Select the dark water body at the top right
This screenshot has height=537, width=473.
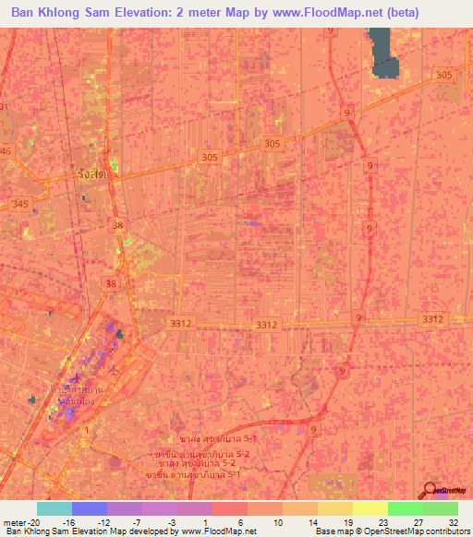click(383, 54)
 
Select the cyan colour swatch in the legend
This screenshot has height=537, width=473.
click(55, 508)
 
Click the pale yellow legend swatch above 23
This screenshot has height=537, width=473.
click(370, 508)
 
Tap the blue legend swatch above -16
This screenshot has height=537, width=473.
click(90, 508)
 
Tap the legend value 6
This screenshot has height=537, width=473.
click(240, 521)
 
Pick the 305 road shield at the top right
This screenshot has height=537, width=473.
click(445, 75)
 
